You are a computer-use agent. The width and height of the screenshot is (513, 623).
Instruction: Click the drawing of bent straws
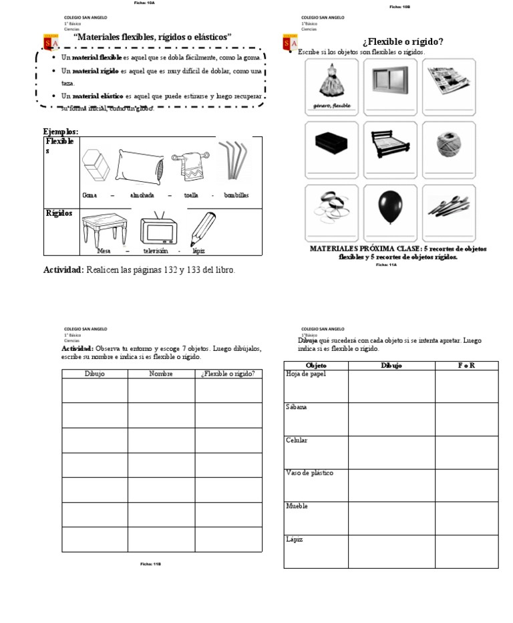pyautogui.click(x=234, y=160)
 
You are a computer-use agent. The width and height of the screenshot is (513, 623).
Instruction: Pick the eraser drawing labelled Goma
pyautogui.click(x=97, y=164)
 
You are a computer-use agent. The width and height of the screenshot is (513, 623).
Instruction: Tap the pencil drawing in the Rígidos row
pyautogui.click(x=203, y=228)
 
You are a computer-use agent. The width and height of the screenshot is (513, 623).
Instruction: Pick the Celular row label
pyautogui.click(x=296, y=441)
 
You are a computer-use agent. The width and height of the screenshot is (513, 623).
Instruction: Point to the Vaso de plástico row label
pyautogui.click(x=309, y=473)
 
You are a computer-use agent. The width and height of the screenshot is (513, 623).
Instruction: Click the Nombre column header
pyautogui.click(x=161, y=374)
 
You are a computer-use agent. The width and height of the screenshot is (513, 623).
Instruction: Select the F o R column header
pyautogui.click(x=466, y=366)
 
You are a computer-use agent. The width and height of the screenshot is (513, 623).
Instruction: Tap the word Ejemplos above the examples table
pyautogui.click(x=60, y=132)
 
